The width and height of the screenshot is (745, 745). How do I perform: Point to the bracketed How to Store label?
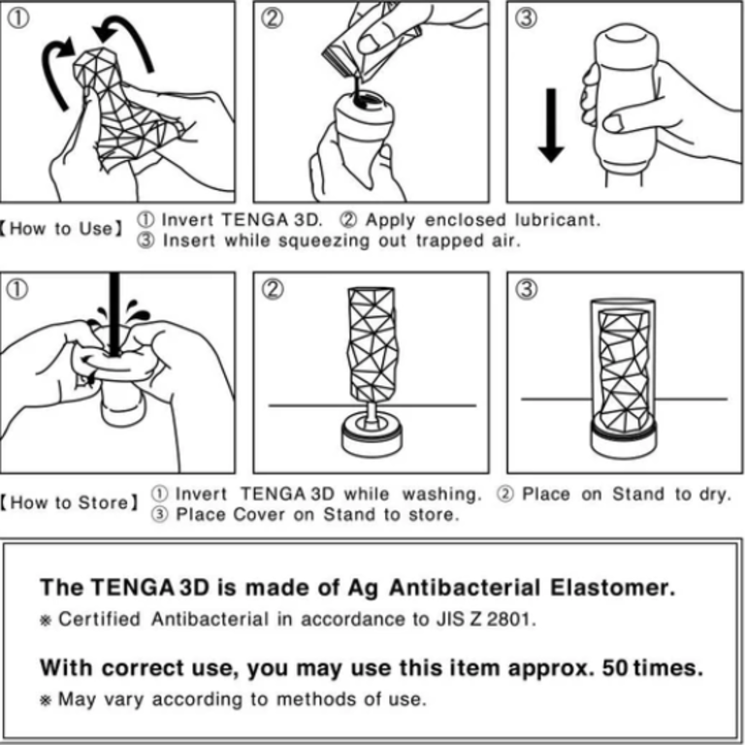(x=69, y=503)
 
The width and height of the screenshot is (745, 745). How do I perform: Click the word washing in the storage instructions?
(x=441, y=494)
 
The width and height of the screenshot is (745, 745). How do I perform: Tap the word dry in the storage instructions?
(x=713, y=494)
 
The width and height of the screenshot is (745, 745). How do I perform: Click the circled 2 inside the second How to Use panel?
(x=274, y=18)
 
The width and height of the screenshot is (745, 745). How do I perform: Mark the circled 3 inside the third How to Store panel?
(x=527, y=291)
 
